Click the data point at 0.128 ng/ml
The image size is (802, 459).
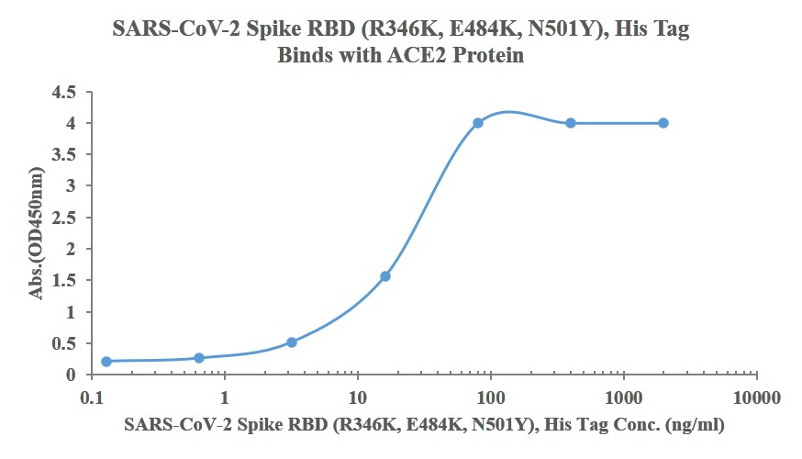pyautogui.click(x=106, y=362)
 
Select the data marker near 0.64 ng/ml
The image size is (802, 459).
pyautogui.click(x=199, y=358)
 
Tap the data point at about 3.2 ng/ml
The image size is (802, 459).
pyautogui.click(x=292, y=342)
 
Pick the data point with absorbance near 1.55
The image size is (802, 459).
pyautogui.click(x=385, y=276)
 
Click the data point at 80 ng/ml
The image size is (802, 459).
pyautogui.click(x=478, y=123)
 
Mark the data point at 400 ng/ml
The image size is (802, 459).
pyautogui.click(x=571, y=123)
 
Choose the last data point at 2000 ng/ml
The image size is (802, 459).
pyautogui.click(x=663, y=123)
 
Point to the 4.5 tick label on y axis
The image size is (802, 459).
pyautogui.click(x=63, y=92)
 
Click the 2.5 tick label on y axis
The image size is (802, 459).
pyautogui.click(x=63, y=218)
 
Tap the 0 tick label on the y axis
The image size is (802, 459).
pyautogui.click(x=71, y=375)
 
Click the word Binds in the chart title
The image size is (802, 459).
pyautogui.click(x=304, y=55)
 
